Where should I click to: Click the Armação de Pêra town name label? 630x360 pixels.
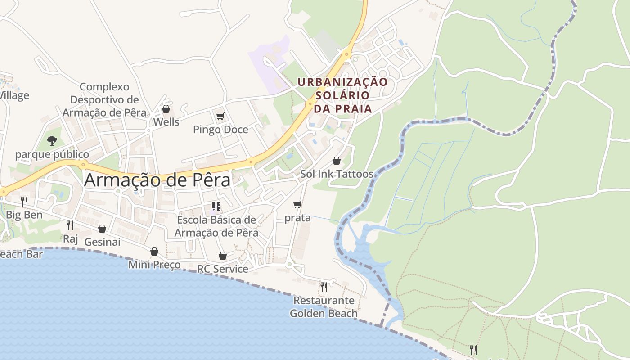(157, 180)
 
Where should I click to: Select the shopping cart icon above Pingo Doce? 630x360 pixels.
(220, 117)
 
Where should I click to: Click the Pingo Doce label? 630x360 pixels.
(220, 130)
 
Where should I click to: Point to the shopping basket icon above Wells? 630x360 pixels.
(166, 109)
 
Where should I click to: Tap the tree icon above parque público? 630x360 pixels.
(52, 141)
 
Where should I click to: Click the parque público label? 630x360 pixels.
(52, 154)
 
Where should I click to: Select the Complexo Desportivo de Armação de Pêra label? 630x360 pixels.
(104, 99)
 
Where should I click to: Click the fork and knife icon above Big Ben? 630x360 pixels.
(24, 201)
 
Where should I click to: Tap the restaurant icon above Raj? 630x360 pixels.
(70, 225)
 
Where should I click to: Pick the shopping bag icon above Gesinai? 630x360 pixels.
(102, 229)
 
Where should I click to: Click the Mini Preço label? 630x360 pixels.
(154, 265)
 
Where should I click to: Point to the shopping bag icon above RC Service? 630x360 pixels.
(223, 256)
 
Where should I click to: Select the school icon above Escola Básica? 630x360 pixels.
(216, 207)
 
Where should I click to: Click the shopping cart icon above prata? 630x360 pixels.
(297, 205)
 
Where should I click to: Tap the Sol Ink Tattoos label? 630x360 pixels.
(337, 174)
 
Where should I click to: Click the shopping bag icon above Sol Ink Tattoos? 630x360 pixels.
(336, 161)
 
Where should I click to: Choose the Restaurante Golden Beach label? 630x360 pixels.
(324, 307)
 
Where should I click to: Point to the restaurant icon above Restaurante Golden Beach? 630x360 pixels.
(324, 287)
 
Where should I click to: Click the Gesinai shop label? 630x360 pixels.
(102, 242)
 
